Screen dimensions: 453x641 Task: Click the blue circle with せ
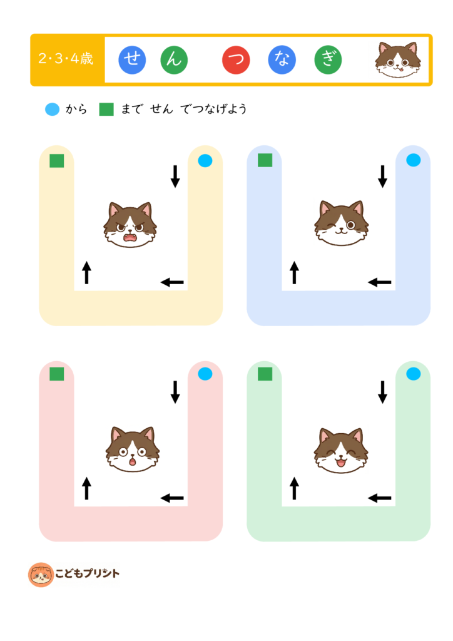(132, 60)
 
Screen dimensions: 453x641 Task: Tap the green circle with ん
(174, 60)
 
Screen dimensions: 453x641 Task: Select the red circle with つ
(236, 60)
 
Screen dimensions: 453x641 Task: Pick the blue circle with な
(282, 60)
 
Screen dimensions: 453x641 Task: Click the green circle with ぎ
(328, 60)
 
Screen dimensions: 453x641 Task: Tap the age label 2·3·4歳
(66, 59)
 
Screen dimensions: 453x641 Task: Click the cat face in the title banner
(398, 59)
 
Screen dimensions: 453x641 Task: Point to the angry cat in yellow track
(130, 225)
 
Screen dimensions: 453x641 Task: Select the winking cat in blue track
(341, 223)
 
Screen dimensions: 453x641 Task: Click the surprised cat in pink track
(133, 449)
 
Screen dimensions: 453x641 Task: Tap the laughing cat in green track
(340, 451)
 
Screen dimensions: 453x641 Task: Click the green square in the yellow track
(57, 161)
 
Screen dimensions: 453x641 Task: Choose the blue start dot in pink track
(205, 374)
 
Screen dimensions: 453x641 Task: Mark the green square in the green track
(265, 374)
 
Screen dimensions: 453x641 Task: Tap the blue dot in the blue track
(414, 160)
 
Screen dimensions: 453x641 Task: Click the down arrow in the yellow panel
(175, 176)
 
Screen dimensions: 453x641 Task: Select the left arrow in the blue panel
(379, 282)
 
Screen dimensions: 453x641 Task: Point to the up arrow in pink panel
(86, 488)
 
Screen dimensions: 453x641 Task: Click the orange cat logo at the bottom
(41, 575)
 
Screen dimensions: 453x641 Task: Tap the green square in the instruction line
(106, 109)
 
